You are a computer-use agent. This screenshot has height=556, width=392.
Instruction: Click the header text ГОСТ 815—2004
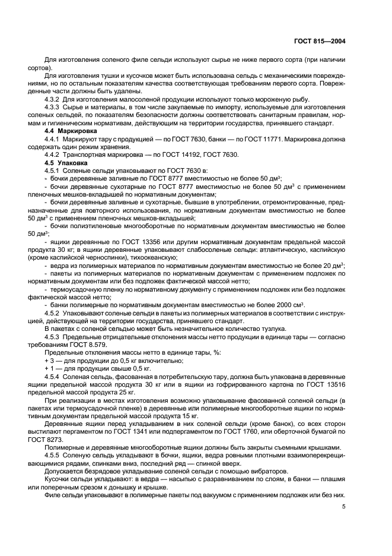320,41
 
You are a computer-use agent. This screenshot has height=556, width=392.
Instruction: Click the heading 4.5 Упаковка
66,162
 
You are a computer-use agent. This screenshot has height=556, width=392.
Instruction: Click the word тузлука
267,329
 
